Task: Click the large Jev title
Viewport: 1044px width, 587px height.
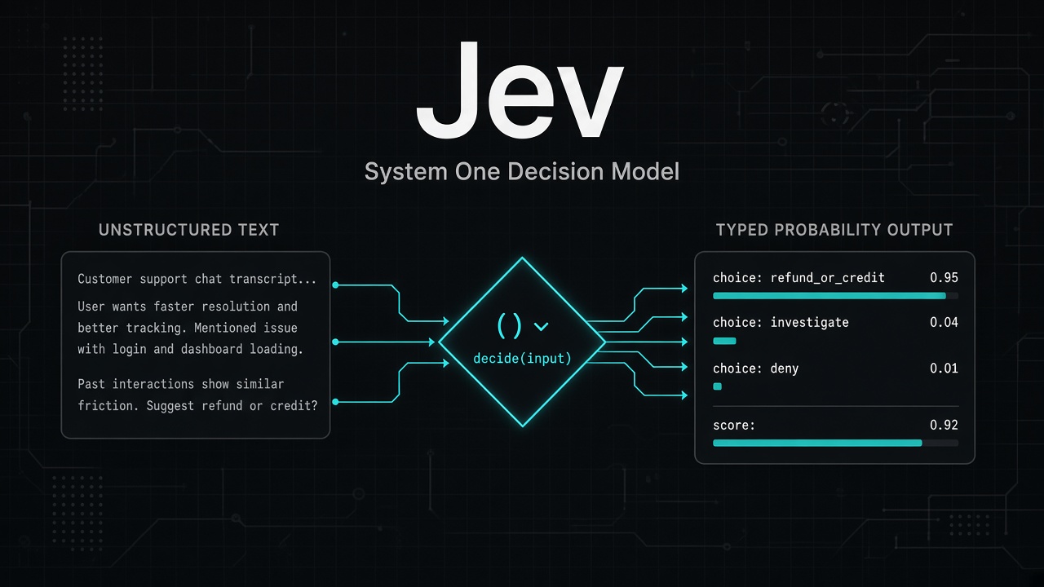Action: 520,90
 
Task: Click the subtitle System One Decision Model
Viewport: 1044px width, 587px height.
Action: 522,171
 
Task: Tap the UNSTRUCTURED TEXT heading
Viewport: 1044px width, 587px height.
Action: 188,230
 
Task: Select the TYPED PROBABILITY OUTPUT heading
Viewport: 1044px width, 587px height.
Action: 834,230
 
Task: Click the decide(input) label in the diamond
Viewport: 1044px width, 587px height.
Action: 522,358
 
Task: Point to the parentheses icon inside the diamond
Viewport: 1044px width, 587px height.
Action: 509,325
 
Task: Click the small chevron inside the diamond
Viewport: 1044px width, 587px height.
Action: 541,327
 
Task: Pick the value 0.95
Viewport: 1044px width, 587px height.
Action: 944,278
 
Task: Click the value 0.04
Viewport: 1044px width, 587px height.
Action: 944,322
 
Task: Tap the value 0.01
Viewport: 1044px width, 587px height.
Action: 944,368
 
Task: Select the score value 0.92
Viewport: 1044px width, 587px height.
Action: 944,425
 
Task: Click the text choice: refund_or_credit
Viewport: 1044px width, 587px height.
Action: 798,278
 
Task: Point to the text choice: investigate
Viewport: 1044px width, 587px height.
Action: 781,323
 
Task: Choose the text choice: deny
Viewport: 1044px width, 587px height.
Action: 755,369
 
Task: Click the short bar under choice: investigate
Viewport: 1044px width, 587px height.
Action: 725,341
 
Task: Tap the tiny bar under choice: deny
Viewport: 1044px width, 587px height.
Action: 717,386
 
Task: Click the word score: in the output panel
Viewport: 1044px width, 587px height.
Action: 733,426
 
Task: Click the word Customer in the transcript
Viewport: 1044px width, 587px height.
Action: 105,279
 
